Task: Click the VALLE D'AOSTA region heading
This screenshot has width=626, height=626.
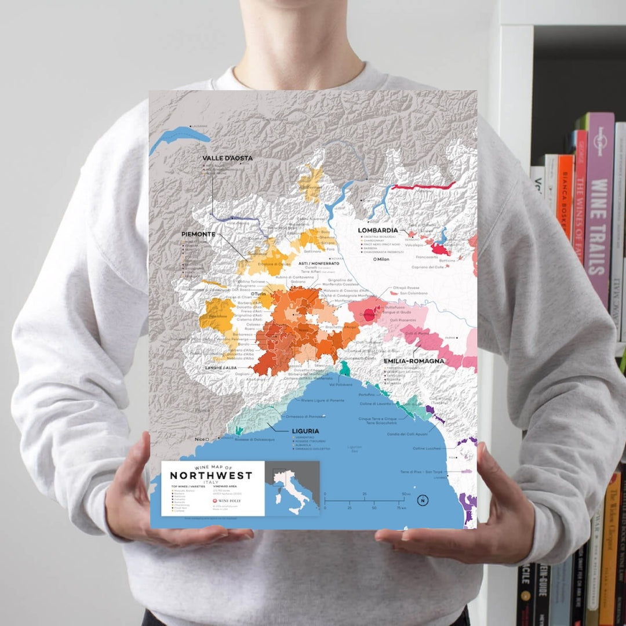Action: tap(227, 158)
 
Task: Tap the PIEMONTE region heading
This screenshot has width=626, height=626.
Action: tap(198, 234)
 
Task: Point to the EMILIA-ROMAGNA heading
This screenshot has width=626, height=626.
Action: tap(414, 361)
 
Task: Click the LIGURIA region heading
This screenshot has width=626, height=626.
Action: tap(305, 431)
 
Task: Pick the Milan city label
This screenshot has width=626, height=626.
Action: tap(381, 259)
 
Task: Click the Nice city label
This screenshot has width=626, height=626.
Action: tap(201, 439)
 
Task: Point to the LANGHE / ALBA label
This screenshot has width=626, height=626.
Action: tap(221, 368)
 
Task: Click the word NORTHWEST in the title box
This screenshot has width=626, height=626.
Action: tap(211, 476)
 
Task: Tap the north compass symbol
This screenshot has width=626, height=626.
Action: tap(423, 500)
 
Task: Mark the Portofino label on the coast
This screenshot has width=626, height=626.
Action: tap(367, 395)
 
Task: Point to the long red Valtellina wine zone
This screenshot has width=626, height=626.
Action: tap(424, 186)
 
